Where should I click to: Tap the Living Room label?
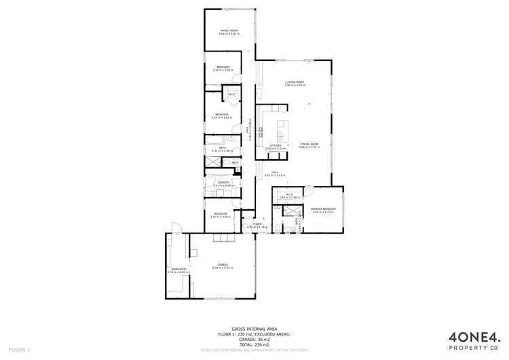coord(295,83)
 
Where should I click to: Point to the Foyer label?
coord(257,225)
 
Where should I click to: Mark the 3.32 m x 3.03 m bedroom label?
coord(223,68)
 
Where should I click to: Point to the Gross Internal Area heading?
coord(255,327)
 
